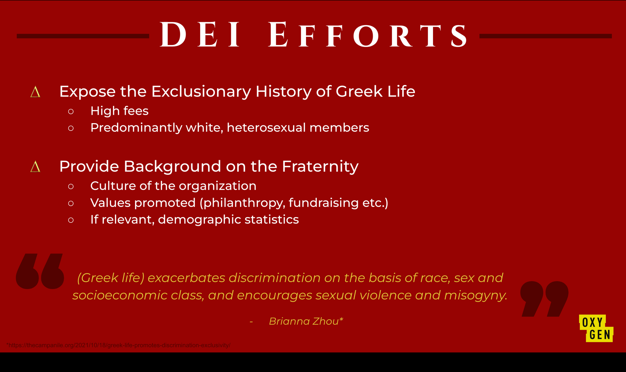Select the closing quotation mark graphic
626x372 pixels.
pos(544,299)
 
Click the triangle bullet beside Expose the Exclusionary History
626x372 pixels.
pos(35,92)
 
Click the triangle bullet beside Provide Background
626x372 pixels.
pos(35,167)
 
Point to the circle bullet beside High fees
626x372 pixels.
pos(71,111)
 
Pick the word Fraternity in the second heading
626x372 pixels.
pos(320,167)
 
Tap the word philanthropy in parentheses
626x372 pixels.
pos(242,203)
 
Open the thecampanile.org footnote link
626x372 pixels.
pos(118,345)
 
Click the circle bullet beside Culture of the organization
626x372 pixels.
pos(71,186)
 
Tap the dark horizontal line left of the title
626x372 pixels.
pos(83,36)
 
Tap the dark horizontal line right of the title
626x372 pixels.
pos(546,36)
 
